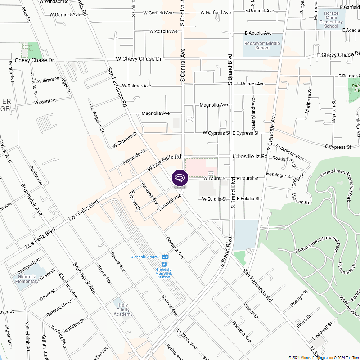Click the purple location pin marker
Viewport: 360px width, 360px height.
coord(180,178)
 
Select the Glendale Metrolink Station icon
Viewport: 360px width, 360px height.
coord(164,265)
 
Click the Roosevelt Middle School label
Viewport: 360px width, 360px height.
coord(262,46)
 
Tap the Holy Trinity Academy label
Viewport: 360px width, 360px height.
coord(123,310)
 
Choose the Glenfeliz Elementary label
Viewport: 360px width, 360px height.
coord(27,279)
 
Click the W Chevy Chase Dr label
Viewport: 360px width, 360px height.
coord(139,59)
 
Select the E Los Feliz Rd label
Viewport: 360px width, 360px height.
coord(250,156)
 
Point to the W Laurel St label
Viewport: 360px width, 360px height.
coord(215,179)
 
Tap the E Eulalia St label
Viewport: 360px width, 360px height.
coord(248,199)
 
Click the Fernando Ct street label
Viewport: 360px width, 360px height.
coord(134,157)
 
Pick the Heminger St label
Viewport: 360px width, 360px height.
coord(279,175)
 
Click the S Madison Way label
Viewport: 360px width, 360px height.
coord(289,152)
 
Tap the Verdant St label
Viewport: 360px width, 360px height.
coord(45,102)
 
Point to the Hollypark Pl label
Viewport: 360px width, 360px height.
coord(29,265)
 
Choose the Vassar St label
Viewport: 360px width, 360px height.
coord(251,310)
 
